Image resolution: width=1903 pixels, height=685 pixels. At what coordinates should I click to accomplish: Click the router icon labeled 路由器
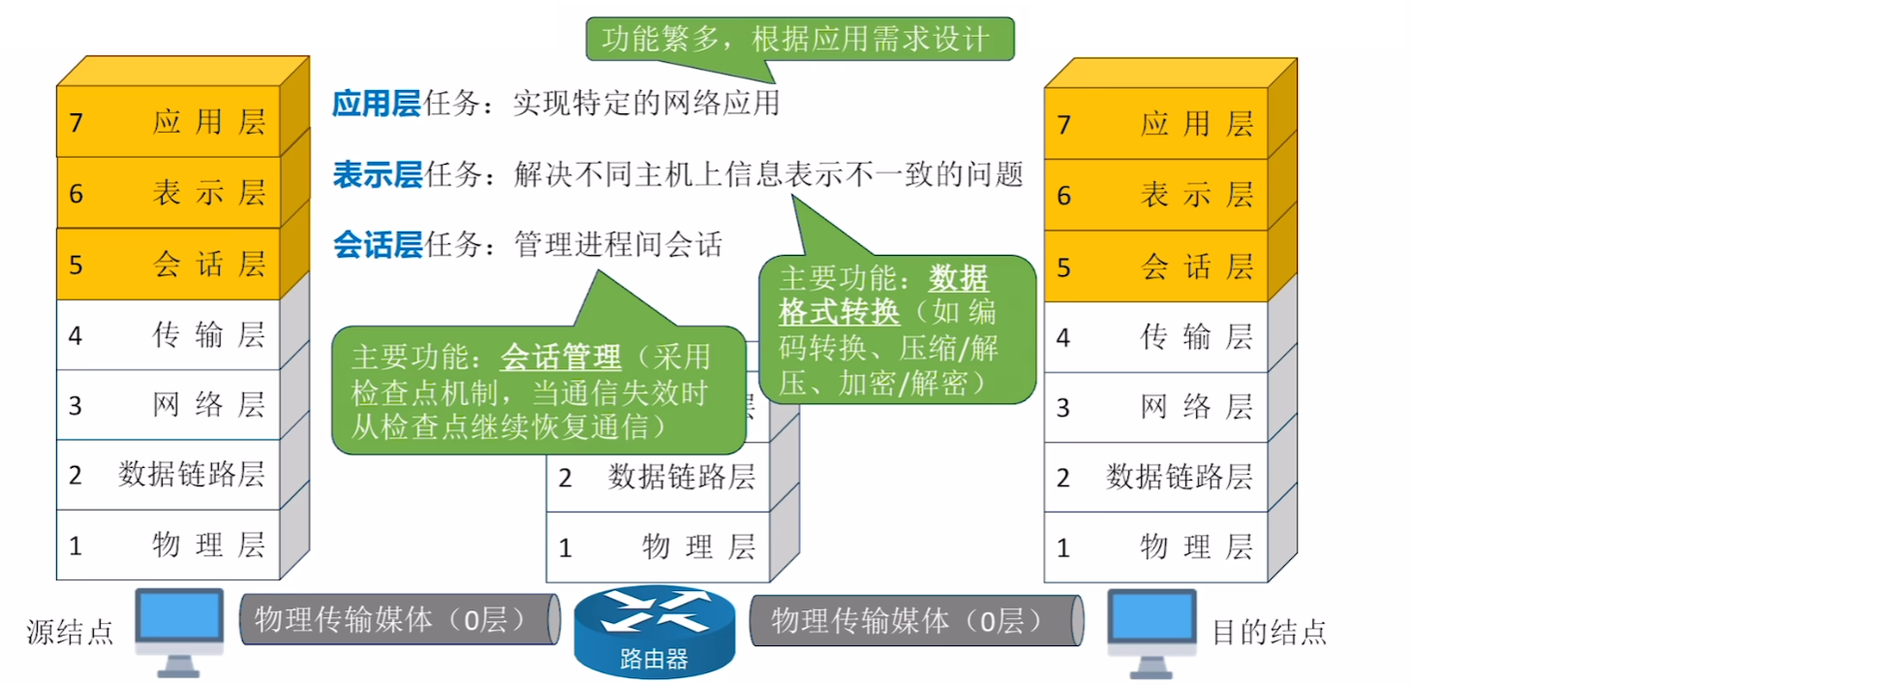pyautogui.click(x=655, y=630)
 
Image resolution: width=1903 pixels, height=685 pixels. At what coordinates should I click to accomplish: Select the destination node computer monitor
pyautogui.click(x=1151, y=620)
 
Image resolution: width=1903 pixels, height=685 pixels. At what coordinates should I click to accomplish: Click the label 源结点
pyautogui.click(x=70, y=632)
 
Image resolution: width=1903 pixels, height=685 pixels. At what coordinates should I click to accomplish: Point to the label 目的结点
pyautogui.click(x=1269, y=632)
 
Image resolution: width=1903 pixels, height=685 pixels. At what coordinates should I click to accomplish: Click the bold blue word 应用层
pyautogui.click(x=376, y=103)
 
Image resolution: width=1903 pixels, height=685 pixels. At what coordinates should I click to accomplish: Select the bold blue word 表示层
pyautogui.click(x=377, y=174)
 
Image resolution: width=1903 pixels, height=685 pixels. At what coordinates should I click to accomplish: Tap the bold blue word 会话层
pyautogui.click(x=377, y=245)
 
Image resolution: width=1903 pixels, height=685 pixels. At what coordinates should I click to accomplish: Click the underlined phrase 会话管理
pyautogui.click(x=560, y=358)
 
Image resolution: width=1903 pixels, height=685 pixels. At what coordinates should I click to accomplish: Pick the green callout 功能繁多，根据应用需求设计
pyautogui.click(x=799, y=40)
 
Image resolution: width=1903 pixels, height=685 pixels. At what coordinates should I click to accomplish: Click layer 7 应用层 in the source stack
pyautogui.click(x=169, y=122)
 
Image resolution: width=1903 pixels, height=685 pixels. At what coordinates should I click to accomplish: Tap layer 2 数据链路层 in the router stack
pyautogui.click(x=658, y=477)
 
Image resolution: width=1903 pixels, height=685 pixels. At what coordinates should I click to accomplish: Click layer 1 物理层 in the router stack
pyautogui.click(x=658, y=547)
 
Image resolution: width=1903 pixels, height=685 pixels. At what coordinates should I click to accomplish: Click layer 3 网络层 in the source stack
pyautogui.click(x=169, y=405)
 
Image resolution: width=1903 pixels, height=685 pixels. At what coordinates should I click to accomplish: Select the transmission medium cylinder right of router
pyautogui.click(x=915, y=620)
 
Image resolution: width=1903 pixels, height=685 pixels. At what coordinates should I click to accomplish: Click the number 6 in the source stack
pyautogui.click(x=77, y=194)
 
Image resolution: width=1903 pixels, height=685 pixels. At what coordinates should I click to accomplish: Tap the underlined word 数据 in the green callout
pyautogui.click(x=958, y=279)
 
